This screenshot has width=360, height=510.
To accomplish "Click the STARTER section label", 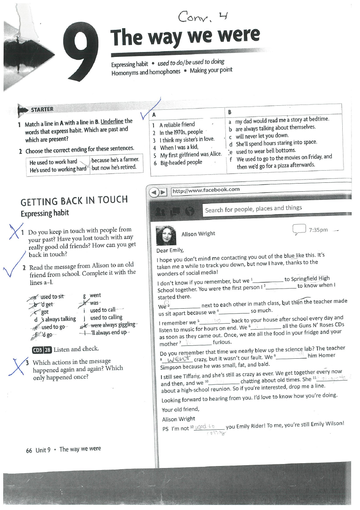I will [42, 109].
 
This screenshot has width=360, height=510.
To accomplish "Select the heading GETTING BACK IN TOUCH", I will [74, 200].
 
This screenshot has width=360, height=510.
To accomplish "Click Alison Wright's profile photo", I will [165, 235].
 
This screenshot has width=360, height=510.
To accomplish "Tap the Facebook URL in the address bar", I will [206, 190].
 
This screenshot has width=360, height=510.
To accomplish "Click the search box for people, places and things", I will [253, 209].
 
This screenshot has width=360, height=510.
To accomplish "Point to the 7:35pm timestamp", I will [318, 230].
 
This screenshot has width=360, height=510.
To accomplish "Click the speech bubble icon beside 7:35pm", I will [299, 230].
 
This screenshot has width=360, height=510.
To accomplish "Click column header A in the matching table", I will [154, 115].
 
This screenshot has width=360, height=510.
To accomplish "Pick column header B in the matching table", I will [230, 113].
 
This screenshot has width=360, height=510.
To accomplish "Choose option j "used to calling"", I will [106, 318].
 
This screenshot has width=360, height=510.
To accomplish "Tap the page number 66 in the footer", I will [29, 450].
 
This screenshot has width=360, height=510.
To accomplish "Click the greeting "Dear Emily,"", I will [170, 251].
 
